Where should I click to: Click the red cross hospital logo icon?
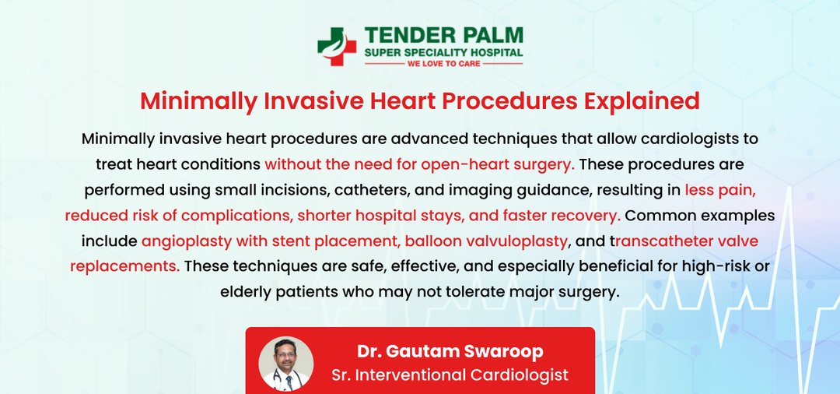point(337,46)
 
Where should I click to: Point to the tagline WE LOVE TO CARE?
point(443,64)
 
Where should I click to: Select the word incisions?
point(282,190)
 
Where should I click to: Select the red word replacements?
point(124,266)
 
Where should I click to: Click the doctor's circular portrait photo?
point(286,364)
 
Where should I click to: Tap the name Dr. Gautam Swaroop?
point(450,352)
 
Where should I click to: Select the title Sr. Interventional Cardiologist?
point(450,375)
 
